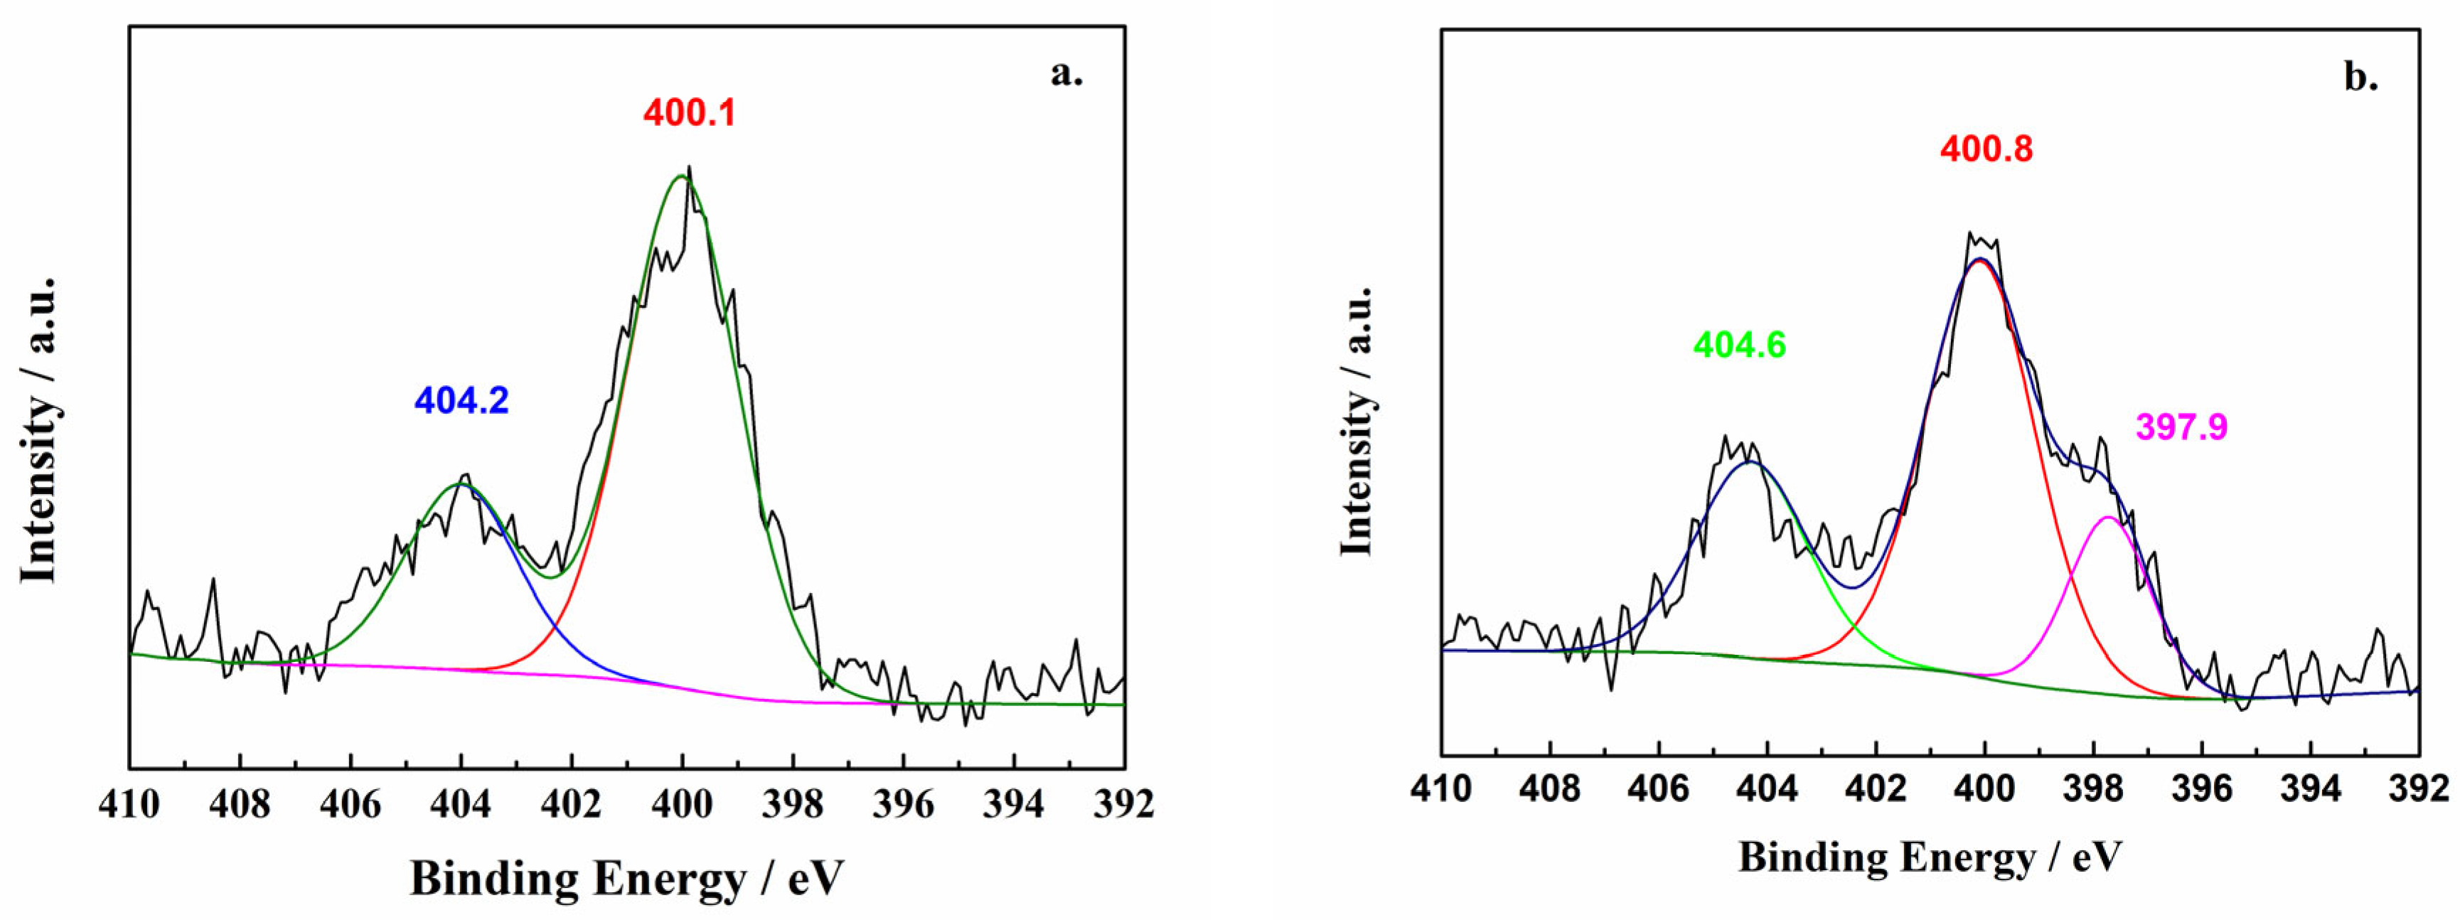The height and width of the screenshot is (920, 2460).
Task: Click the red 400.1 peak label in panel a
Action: tap(690, 113)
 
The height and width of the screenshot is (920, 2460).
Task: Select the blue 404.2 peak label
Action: tap(461, 400)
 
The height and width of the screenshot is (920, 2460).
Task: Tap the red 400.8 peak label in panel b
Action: tap(1986, 149)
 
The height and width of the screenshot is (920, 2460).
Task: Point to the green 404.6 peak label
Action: tap(1739, 345)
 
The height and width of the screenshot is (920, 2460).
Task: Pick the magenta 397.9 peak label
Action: tap(2182, 427)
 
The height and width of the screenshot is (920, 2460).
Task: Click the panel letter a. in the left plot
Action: tap(1066, 73)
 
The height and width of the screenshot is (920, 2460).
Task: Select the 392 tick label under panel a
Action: tap(1124, 804)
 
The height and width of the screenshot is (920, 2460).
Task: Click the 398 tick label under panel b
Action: tap(2092, 789)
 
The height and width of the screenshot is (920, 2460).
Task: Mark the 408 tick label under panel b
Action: tap(1551, 789)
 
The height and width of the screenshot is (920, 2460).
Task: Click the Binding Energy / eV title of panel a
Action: tap(627, 877)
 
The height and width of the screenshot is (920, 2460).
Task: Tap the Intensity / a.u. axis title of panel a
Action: tap(40, 430)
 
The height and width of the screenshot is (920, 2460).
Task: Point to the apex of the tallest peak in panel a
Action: tap(682, 176)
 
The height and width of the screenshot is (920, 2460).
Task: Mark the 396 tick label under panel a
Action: tap(904, 804)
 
